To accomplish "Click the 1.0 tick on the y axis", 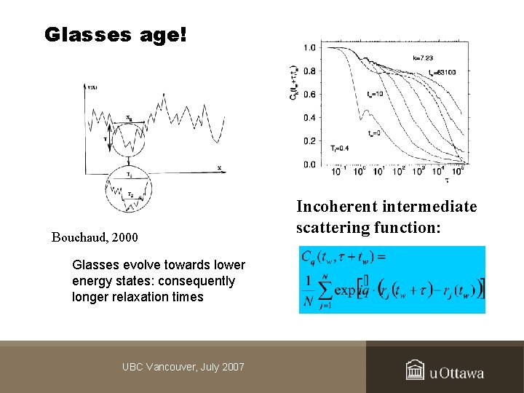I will click(309, 48).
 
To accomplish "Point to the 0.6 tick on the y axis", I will click(309, 95).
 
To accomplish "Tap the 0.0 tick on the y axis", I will click(309, 164).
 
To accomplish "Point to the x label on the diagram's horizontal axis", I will click(219, 168).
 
